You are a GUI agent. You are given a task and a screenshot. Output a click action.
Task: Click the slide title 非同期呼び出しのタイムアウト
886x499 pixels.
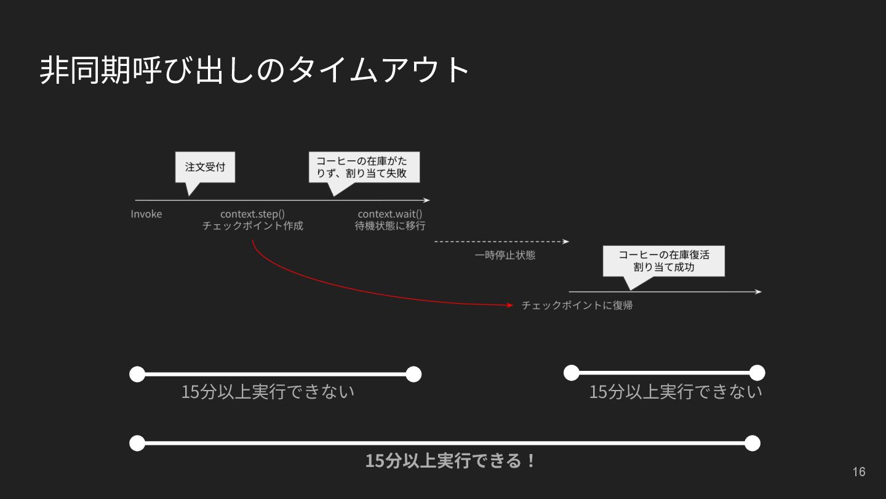255,70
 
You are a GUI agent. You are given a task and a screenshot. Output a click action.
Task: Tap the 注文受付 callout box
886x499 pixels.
205,167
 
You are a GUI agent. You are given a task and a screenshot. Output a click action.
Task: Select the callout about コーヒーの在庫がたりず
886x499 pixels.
364,167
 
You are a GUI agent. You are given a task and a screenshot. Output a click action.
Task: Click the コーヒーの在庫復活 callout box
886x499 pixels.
663,261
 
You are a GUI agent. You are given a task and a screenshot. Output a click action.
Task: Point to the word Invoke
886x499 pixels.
146,214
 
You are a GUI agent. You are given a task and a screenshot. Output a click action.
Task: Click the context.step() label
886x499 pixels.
252,214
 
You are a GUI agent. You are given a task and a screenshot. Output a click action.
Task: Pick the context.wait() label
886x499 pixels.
390,214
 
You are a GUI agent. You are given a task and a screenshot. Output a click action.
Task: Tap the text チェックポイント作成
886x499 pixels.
252,226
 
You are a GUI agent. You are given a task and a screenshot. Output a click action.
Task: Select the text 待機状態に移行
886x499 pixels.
390,226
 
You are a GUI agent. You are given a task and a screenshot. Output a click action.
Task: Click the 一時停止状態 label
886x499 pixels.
505,255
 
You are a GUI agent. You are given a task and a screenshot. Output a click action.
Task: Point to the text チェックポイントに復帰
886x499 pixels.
577,305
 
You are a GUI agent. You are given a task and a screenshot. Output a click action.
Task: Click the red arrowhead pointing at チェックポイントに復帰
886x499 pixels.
509,305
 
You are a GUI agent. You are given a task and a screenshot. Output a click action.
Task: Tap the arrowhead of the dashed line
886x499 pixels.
566,241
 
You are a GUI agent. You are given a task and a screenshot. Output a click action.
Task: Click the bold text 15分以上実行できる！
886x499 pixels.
450,461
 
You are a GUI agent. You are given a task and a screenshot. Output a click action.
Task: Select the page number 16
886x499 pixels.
858,472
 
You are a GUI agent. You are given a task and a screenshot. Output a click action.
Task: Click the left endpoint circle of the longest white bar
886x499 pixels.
137,443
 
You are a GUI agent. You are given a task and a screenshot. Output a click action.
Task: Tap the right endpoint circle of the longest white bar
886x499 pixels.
752,443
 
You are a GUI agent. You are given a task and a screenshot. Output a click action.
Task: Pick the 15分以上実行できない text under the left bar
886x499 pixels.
268,392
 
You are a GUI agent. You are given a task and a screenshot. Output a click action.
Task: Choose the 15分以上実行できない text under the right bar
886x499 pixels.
676,392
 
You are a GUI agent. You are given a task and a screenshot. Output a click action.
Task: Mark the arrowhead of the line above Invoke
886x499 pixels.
426,200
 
